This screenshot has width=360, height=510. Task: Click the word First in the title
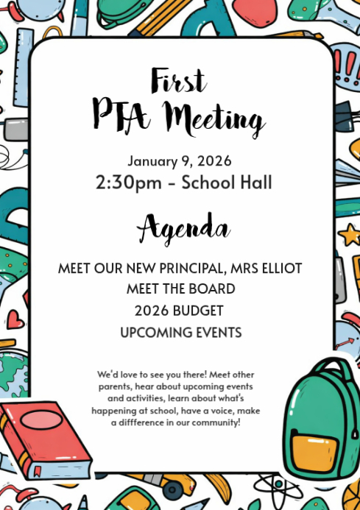180,79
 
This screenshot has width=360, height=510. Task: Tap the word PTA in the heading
123,114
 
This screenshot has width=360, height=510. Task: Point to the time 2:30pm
130,182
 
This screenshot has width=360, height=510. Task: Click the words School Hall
227,182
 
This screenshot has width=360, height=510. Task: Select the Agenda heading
183,227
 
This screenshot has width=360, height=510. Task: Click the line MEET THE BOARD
180,289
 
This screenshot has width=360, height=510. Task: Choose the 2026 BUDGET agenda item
180,311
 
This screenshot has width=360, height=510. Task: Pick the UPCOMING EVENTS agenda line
180,333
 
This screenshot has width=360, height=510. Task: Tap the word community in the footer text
216,423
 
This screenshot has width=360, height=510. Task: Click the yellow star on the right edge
348,235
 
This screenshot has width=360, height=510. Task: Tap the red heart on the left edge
15,319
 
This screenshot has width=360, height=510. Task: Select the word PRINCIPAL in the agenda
194,268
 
